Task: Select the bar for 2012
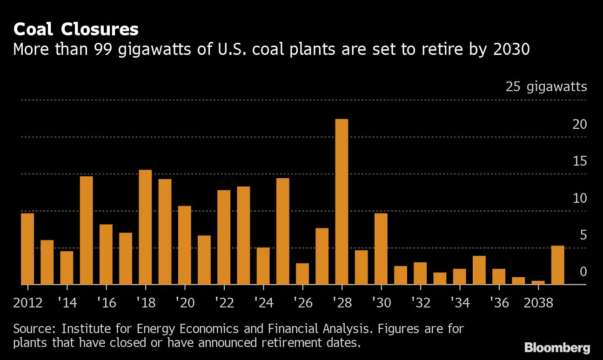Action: (x=27, y=248)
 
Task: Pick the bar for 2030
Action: (x=381, y=248)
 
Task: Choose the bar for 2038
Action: (x=538, y=282)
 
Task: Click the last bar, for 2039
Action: (x=557, y=265)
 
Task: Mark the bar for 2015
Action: (x=86, y=230)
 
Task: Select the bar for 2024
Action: (x=263, y=266)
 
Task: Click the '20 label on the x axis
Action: (x=185, y=303)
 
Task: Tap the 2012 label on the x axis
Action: (x=28, y=303)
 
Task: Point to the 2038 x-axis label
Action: (x=538, y=303)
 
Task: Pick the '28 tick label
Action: (x=342, y=303)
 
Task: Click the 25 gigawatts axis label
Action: (x=546, y=87)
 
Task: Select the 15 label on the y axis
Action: (x=579, y=161)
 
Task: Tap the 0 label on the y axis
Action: (x=583, y=272)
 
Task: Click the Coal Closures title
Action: (x=76, y=30)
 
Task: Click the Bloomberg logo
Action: (x=557, y=347)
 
